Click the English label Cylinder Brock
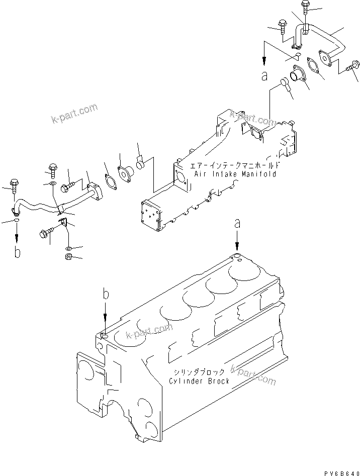point(199,380)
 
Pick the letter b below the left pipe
point(18,253)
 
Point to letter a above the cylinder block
point(238,224)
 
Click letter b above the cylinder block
point(105,294)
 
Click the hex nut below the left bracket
point(68,257)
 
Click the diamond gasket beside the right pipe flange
point(315,68)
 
